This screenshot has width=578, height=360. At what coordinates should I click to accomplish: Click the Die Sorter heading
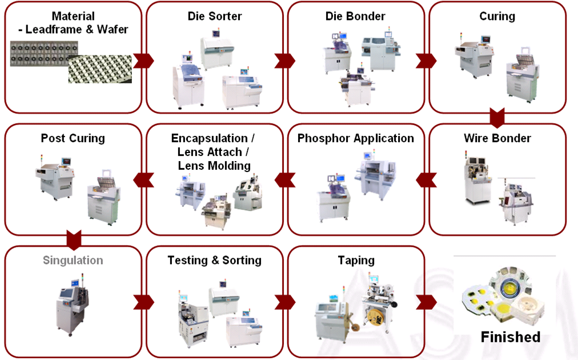coord(214,16)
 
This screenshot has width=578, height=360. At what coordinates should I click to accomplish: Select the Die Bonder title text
coord(355,16)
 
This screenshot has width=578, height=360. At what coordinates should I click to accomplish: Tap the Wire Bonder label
coord(497,138)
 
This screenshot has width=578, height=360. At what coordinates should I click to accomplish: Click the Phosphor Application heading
coord(355,138)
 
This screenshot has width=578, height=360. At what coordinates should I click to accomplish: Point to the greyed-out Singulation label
coord(73,261)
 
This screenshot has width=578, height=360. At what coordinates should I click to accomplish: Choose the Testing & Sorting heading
coord(214,261)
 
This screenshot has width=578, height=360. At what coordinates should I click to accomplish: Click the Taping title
coord(355,261)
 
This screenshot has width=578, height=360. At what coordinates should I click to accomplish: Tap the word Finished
coord(510,337)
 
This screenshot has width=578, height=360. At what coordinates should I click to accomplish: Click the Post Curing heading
coord(73,138)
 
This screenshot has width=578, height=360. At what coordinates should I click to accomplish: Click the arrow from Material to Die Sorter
coord(143,60)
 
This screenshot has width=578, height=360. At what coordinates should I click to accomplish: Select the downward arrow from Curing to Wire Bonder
coord(497,118)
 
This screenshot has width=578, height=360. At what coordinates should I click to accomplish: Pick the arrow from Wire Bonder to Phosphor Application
coord(426,180)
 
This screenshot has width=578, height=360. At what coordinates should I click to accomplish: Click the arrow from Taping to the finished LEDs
coord(426,302)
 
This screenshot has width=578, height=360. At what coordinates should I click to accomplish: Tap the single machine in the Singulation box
coord(71,306)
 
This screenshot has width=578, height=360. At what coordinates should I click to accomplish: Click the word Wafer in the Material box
coord(112,30)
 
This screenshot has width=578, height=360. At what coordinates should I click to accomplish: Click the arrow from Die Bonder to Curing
coord(426,60)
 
